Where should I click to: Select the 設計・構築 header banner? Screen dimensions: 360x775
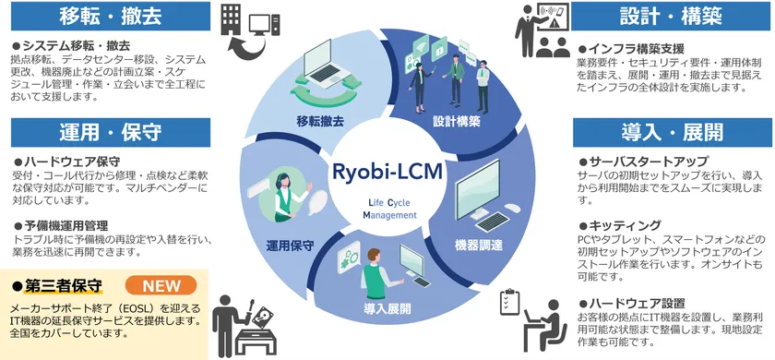tap(671, 15)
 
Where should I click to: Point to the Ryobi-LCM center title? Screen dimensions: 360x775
tap(388, 172)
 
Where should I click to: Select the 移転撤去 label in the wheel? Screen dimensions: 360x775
tap(319, 121)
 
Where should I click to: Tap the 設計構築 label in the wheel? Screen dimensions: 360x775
tap(456, 121)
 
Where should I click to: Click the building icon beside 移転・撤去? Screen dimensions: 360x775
tap(232, 20)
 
